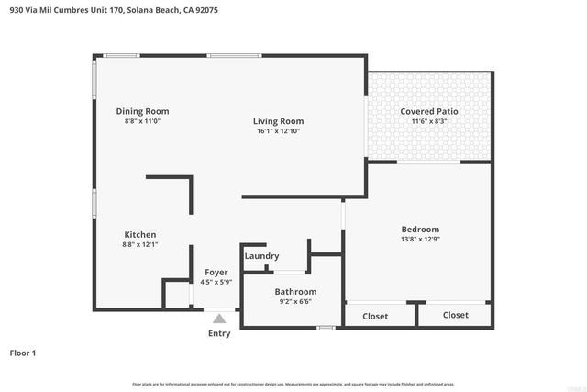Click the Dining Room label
click(142, 111)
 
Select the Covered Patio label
click(428, 111)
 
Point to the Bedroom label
click(420, 230)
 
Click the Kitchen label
click(139, 235)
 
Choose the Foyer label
click(216, 272)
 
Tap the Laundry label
click(261, 256)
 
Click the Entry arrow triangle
click(219, 319)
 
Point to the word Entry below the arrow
click(219, 333)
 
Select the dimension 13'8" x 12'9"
click(420, 240)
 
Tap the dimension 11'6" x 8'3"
click(428, 121)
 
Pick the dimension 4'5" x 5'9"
click(216, 282)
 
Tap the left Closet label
click(375, 316)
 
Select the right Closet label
click(455, 315)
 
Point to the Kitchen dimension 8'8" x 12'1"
click(139, 245)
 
